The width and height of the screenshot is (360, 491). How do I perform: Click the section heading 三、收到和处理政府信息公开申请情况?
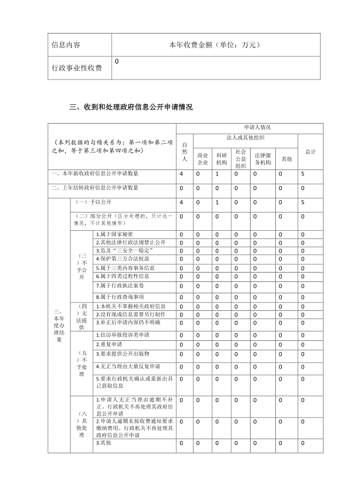coord(131,107)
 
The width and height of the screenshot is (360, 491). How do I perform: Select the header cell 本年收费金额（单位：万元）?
coord(214,45)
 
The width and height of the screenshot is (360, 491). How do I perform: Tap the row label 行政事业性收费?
coord(77,69)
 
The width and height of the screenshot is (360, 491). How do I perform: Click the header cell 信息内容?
coord(66,45)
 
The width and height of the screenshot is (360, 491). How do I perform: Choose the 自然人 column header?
coord(184,151)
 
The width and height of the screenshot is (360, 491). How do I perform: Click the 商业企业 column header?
coord(203,158)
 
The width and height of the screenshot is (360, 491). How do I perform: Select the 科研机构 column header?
coord(221,158)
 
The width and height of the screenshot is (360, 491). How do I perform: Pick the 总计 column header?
coord(310,151)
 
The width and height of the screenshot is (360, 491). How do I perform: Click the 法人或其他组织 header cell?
coord(245,137)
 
